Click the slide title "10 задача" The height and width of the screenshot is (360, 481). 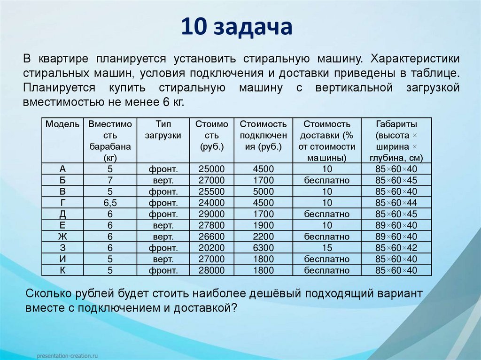pos(237,27)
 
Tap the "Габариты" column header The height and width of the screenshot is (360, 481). pos(396,124)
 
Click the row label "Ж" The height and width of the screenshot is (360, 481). pos(62,237)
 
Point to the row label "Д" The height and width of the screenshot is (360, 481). pos(62,214)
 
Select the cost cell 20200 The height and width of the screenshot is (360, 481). pos(212,248)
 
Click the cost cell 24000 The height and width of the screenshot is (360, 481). pos(212,203)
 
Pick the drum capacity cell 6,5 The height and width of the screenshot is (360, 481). pos(110,203)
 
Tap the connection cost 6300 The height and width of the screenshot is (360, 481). pos(263,248)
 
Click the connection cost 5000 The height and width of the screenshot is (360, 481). pos(263,191)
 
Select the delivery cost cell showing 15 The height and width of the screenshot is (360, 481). pos(327,248)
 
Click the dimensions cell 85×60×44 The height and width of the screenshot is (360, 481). pos(396,203)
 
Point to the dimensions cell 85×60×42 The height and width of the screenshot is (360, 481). pos(396,248)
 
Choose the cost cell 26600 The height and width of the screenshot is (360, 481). pos(212,237)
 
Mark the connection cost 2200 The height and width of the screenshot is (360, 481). pos(263,237)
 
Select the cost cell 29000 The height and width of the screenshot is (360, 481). pos(212,214)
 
